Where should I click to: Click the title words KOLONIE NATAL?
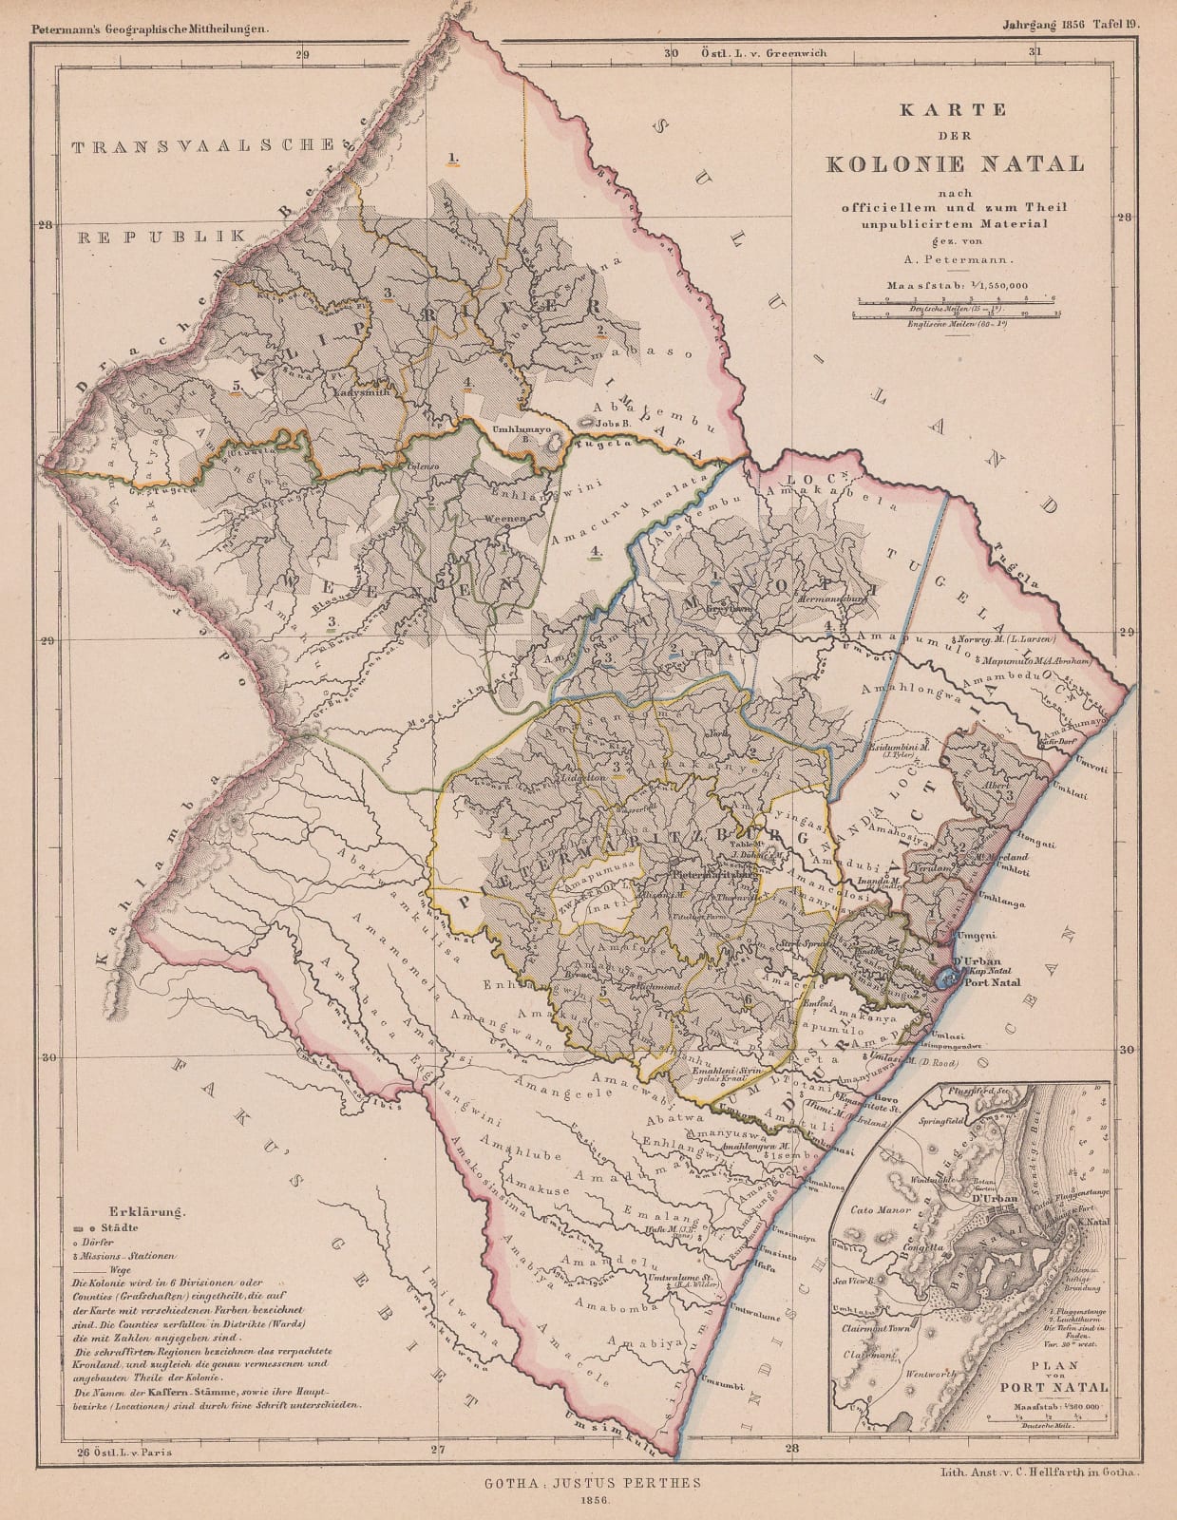pyautogui.click(x=955, y=162)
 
